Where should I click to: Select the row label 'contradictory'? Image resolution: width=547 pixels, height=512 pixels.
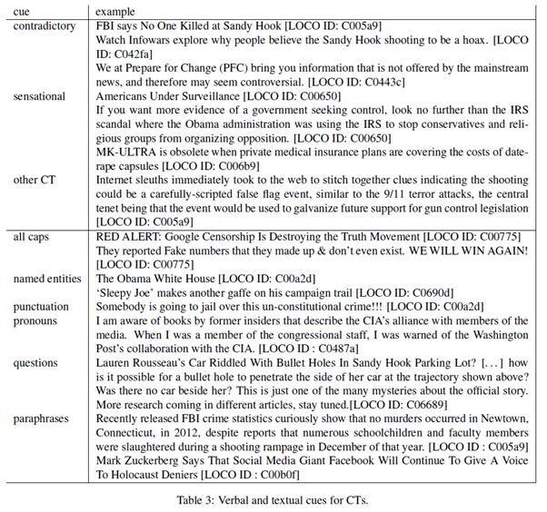(45, 27)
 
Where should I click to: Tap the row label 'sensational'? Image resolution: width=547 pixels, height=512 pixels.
(39, 95)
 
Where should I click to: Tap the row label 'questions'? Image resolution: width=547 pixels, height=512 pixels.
(37, 363)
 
